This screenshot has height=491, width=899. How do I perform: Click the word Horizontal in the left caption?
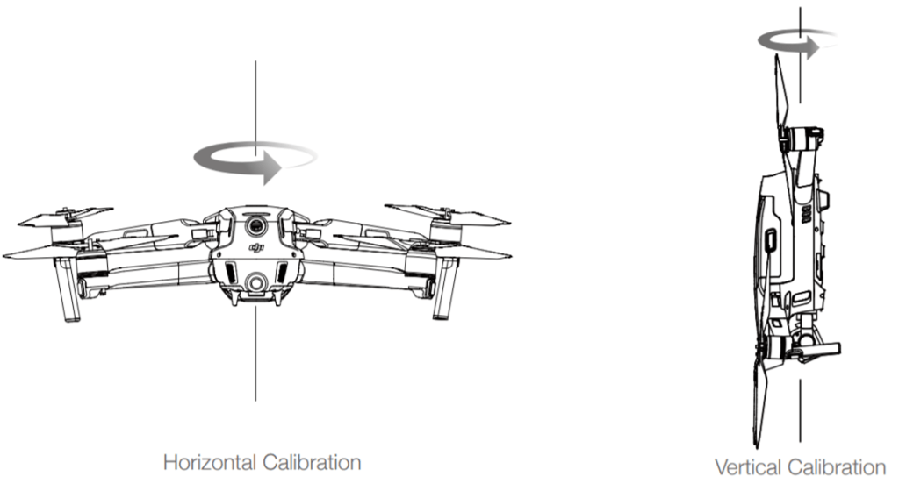pyautogui.click(x=210, y=462)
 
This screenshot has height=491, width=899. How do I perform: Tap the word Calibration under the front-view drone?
pyautogui.click(x=312, y=462)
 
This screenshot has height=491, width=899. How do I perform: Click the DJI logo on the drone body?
pyautogui.click(x=256, y=247)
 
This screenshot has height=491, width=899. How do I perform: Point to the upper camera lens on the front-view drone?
pyautogui.click(x=255, y=225)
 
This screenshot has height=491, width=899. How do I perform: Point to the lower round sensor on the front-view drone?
pyautogui.click(x=255, y=282)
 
